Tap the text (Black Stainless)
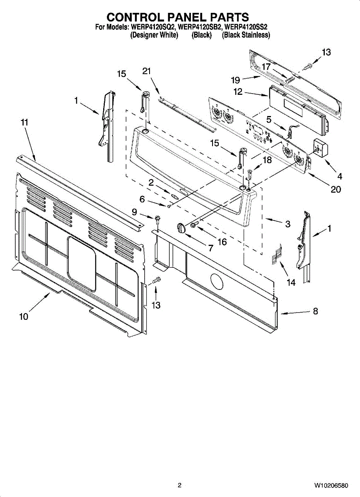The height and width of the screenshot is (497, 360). [x=246, y=35]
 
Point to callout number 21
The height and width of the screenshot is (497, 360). [x=147, y=71]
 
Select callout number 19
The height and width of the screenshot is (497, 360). [x=235, y=80]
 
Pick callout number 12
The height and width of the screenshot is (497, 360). [x=238, y=92]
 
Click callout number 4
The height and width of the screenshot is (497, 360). [x=340, y=176]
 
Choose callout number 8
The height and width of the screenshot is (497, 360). [x=315, y=311]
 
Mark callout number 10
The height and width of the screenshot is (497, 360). [x=24, y=317]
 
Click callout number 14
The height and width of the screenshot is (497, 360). [x=291, y=282]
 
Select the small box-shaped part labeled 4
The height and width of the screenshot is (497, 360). [x=320, y=147]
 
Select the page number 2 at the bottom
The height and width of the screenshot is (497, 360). [x=179, y=485]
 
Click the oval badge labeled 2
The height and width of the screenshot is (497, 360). [x=174, y=194]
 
